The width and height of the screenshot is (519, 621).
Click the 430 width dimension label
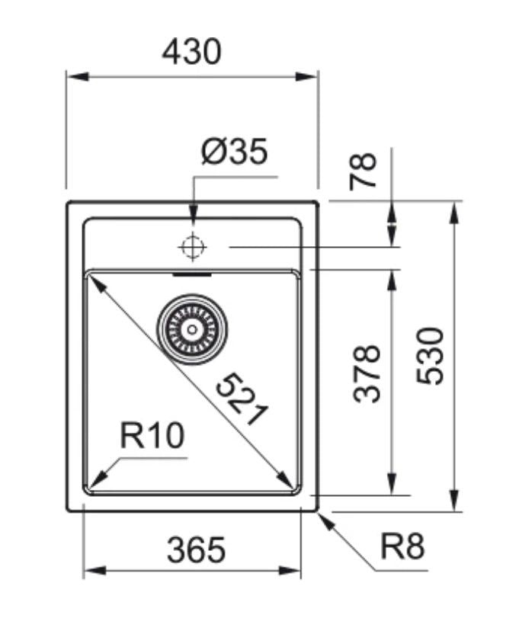coord(191,51)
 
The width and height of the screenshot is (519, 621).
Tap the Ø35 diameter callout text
coord(234,152)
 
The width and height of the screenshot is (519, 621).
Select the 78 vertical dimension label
coord(364,171)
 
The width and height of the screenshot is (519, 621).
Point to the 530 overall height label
coord(431,355)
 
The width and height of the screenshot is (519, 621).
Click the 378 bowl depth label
coord(370,373)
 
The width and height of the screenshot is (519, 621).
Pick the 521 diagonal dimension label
coord(242,400)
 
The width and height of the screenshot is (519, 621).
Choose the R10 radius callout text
coord(152,437)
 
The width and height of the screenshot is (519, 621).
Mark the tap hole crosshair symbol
coord(192,247)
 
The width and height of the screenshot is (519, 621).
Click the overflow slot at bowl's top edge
coord(192,273)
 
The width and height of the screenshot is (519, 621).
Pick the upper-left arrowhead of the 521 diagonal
coord(95,280)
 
